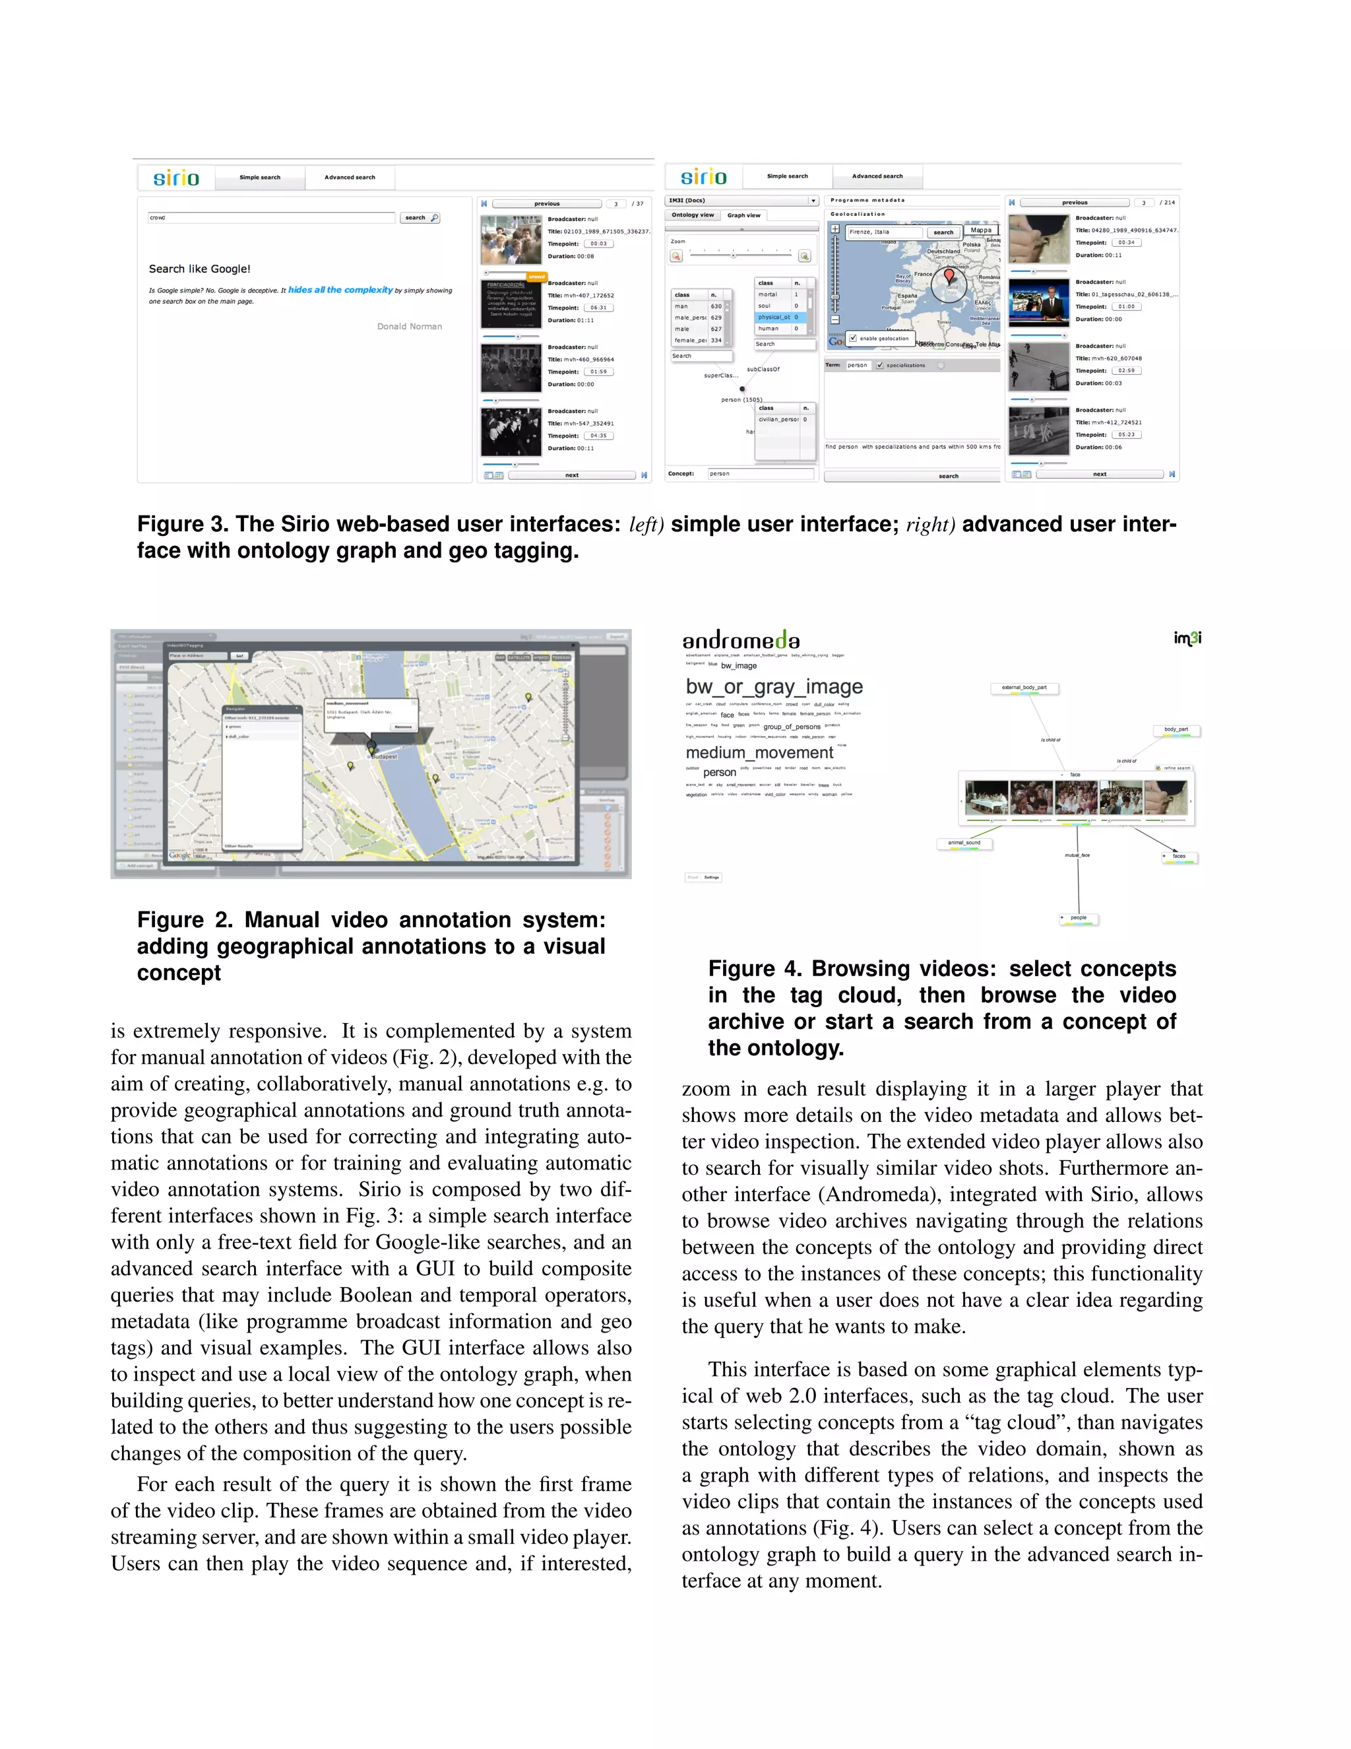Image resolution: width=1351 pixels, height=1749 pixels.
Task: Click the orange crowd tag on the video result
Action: pyautogui.click(x=536, y=277)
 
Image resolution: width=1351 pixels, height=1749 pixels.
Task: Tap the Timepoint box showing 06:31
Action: pyautogui.click(x=598, y=308)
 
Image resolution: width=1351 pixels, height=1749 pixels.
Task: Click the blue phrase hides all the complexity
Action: pyautogui.click(x=340, y=290)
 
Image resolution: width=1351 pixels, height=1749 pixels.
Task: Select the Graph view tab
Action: pyautogui.click(x=743, y=215)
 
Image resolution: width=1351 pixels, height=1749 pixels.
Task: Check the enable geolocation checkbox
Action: pyautogui.click(x=853, y=338)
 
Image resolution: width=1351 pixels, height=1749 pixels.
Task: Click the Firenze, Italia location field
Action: pyautogui.click(x=885, y=232)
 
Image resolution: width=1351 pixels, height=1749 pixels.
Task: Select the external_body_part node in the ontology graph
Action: pyautogui.click(x=1024, y=688)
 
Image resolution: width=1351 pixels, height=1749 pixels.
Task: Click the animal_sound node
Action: pyautogui.click(x=964, y=842)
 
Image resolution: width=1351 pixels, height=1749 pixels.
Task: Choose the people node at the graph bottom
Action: pyautogui.click(x=1078, y=918)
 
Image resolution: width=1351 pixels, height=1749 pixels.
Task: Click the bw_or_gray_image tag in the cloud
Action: pyautogui.click(x=773, y=686)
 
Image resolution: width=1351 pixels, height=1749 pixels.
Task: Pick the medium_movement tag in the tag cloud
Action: pyautogui.click(x=759, y=753)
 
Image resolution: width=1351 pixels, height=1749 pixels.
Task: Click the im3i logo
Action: pyautogui.click(x=1187, y=638)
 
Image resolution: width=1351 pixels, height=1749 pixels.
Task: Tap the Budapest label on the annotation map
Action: pyautogui.click(x=384, y=756)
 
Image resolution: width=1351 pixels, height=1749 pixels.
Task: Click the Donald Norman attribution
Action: pyautogui.click(x=409, y=326)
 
